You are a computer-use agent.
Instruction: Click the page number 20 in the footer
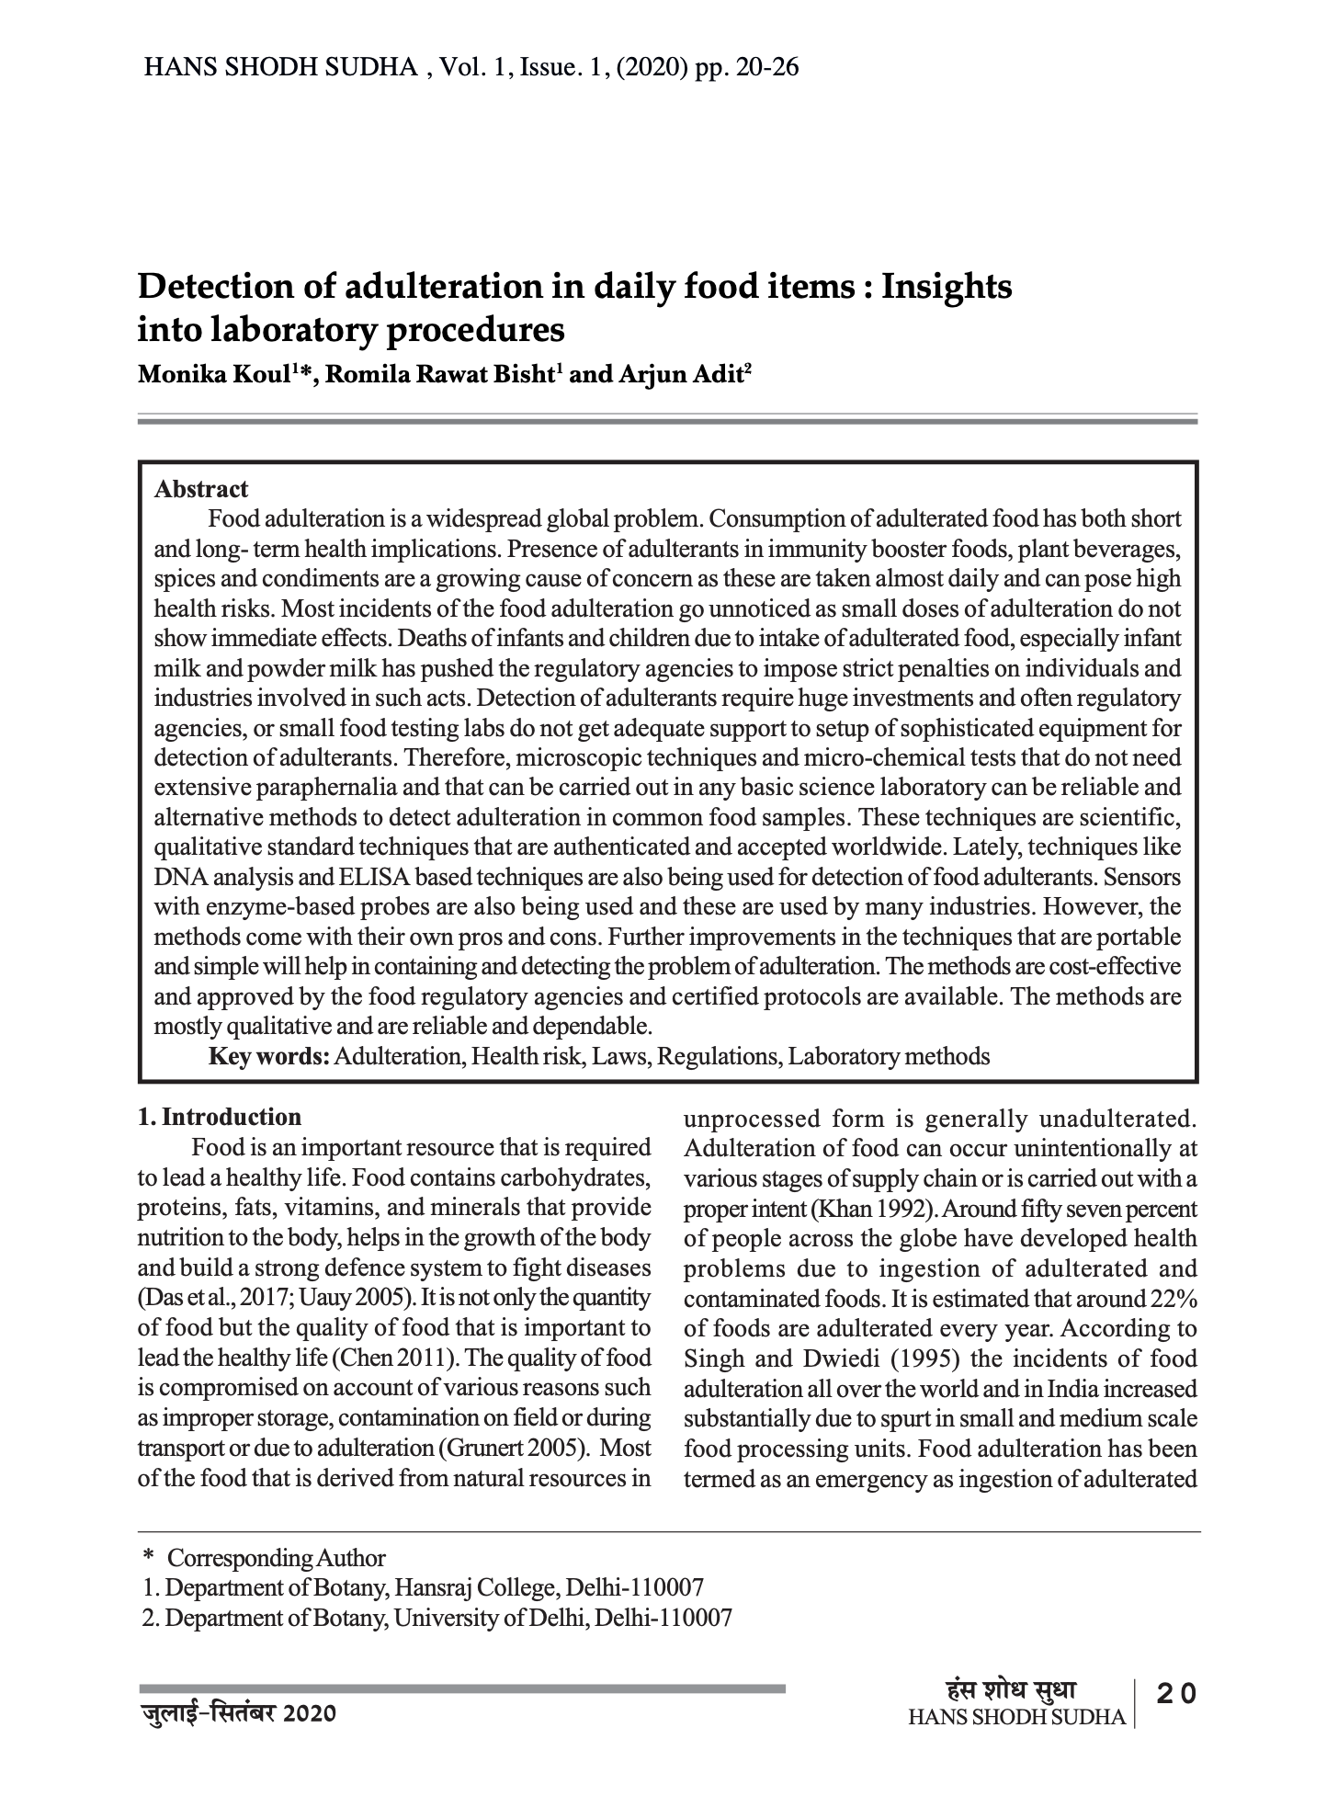(x=1176, y=1692)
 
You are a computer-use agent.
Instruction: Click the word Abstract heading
(x=201, y=489)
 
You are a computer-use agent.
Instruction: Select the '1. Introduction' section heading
(x=220, y=1117)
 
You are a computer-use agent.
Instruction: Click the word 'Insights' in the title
(x=947, y=287)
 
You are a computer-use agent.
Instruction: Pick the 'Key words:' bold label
(x=269, y=1056)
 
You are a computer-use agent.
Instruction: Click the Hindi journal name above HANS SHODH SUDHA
(x=1011, y=1690)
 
